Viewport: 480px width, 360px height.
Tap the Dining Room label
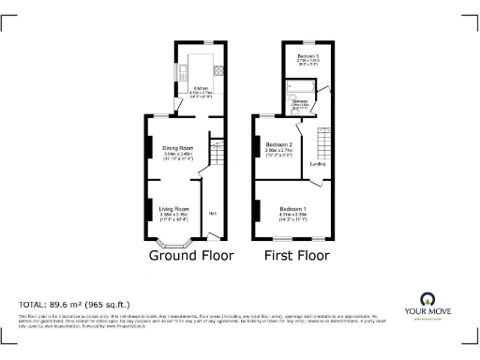click(178, 147)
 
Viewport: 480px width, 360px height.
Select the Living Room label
click(174, 208)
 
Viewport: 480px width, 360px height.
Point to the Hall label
click(213, 213)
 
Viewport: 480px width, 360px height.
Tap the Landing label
click(318, 165)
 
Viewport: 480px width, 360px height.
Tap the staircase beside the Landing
click(325, 143)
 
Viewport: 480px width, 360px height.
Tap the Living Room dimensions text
click(174, 216)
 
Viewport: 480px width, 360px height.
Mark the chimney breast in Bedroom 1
click(254, 211)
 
